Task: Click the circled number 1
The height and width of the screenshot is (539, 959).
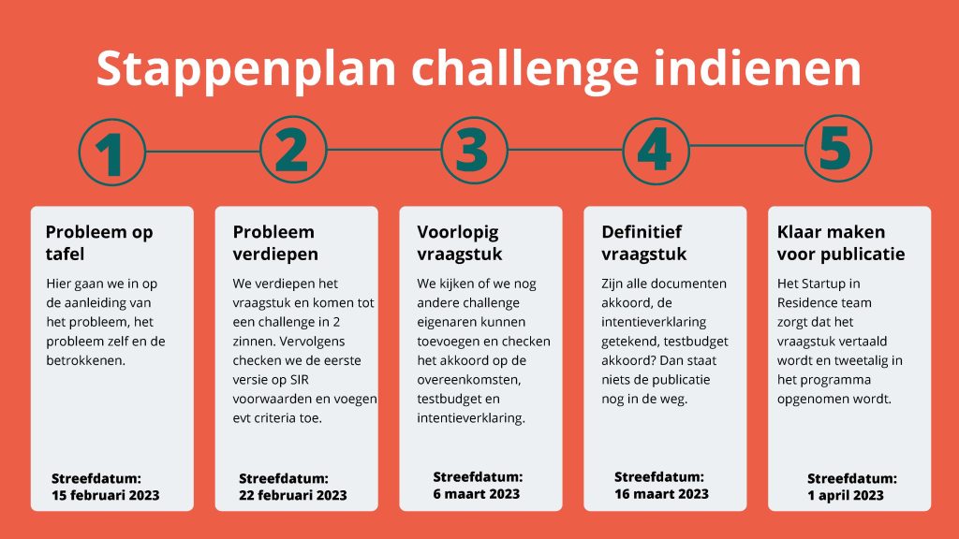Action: tap(112, 153)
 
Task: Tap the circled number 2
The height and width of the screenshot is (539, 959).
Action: tap(293, 150)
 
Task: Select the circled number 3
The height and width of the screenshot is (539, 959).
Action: tap(474, 151)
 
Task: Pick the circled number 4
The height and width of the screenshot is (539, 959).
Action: tap(656, 151)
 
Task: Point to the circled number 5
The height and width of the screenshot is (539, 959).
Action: tap(837, 149)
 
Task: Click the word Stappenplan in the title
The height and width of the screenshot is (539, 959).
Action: tap(246, 69)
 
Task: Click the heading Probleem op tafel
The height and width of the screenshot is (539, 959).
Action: tap(99, 242)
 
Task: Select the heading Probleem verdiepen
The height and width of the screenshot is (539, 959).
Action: tap(275, 242)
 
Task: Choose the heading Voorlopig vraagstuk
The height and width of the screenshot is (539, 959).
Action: tap(459, 242)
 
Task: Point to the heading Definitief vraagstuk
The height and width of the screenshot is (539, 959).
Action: tap(644, 242)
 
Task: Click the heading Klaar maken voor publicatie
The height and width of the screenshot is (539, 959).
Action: tap(841, 242)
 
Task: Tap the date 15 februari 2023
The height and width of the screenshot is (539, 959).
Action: tap(105, 495)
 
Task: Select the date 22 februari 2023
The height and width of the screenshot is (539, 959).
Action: tap(293, 495)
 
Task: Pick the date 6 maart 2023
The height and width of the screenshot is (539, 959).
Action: tap(477, 494)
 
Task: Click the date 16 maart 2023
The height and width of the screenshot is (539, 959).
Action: tap(662, 494)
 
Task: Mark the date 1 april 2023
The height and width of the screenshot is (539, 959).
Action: tap(846, 495)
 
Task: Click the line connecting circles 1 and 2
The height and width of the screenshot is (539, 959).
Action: tap(203, 151)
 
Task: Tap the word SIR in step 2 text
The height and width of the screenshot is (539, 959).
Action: tap(299, 380)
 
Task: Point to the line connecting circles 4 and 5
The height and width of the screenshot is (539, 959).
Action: tap(746, 146)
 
